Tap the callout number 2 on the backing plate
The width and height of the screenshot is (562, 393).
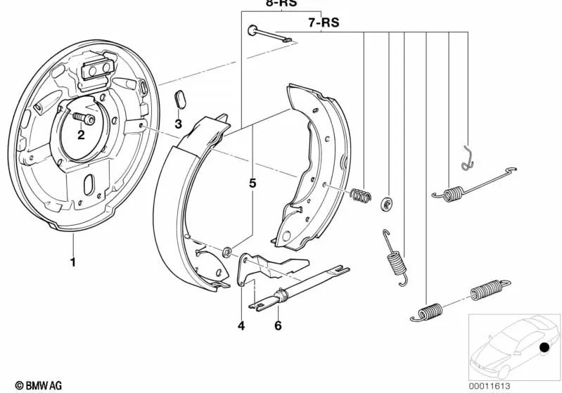(82, 136)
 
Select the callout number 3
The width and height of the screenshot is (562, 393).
(179, 124)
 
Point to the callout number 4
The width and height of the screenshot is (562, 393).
(241, 326)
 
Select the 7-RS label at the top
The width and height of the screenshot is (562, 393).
(324, 22)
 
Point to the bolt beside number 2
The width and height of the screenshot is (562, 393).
(79, 119)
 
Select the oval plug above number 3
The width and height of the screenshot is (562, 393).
(179, 100)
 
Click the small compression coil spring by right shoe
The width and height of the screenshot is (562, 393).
(361, 195)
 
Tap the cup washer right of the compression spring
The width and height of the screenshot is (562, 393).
(386, 205)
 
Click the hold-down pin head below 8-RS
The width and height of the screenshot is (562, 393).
(251, 30)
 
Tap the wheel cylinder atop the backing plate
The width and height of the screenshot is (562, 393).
(96, 70)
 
